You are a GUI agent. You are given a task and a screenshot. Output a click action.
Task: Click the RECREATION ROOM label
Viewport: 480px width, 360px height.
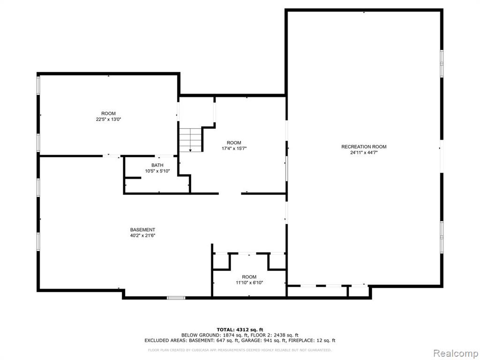coord(364,147)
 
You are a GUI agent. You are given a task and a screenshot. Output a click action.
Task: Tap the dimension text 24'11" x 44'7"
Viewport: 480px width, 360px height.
coord(364,152)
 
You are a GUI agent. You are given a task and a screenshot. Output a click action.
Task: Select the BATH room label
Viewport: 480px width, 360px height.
coord(157,165)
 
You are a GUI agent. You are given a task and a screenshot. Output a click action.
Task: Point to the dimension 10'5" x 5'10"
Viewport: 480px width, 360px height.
coord(157,171)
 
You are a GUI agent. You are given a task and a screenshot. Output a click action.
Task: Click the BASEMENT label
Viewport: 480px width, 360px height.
coord(142,230)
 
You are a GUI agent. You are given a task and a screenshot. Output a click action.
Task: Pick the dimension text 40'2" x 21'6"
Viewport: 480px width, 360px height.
coord(142,236)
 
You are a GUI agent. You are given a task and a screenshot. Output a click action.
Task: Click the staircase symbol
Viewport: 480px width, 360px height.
coord(190,140)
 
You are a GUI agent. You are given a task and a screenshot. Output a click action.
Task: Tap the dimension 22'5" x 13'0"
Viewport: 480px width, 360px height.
coord(109,120)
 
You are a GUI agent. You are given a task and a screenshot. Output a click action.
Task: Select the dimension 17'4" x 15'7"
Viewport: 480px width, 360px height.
coord(234,149)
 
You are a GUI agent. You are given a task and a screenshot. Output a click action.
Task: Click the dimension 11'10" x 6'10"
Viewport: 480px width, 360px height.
coord(249,283)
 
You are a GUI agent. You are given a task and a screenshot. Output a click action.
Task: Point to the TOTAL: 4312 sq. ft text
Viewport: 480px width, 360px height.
coord(240,330)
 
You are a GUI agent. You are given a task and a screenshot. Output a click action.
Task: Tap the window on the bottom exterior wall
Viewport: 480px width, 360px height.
coord(176,298)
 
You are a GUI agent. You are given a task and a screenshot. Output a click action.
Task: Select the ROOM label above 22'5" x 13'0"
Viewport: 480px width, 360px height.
coord(109,113)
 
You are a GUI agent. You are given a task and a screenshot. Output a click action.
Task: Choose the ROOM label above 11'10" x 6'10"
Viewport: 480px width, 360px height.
coord(249,277)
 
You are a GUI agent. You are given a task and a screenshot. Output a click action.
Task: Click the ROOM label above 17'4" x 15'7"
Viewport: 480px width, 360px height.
coord(234,142)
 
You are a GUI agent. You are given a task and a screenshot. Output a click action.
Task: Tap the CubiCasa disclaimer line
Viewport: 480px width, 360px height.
coord(240,350)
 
